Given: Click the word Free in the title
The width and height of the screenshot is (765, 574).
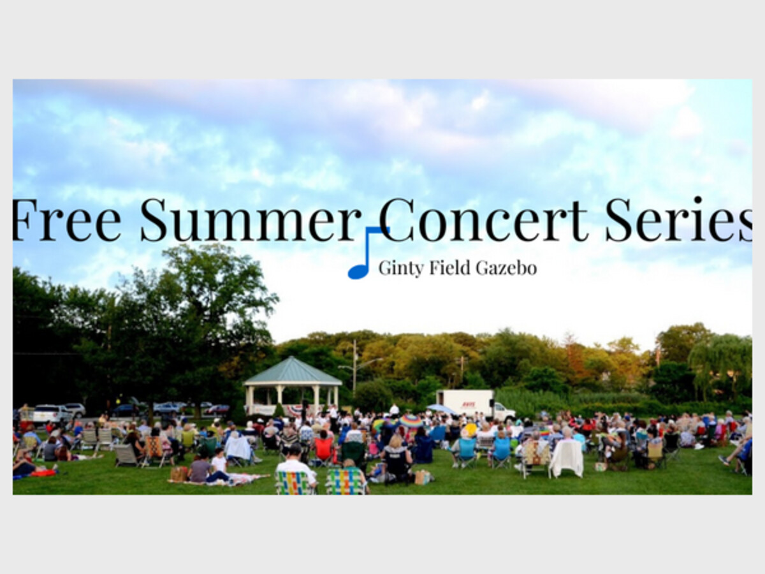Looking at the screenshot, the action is (x=67, y=219).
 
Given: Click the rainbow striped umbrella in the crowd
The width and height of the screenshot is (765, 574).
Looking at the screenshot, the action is (x=411, y=422).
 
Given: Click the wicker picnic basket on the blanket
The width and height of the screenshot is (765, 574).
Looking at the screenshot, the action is (x=178, y=475).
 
